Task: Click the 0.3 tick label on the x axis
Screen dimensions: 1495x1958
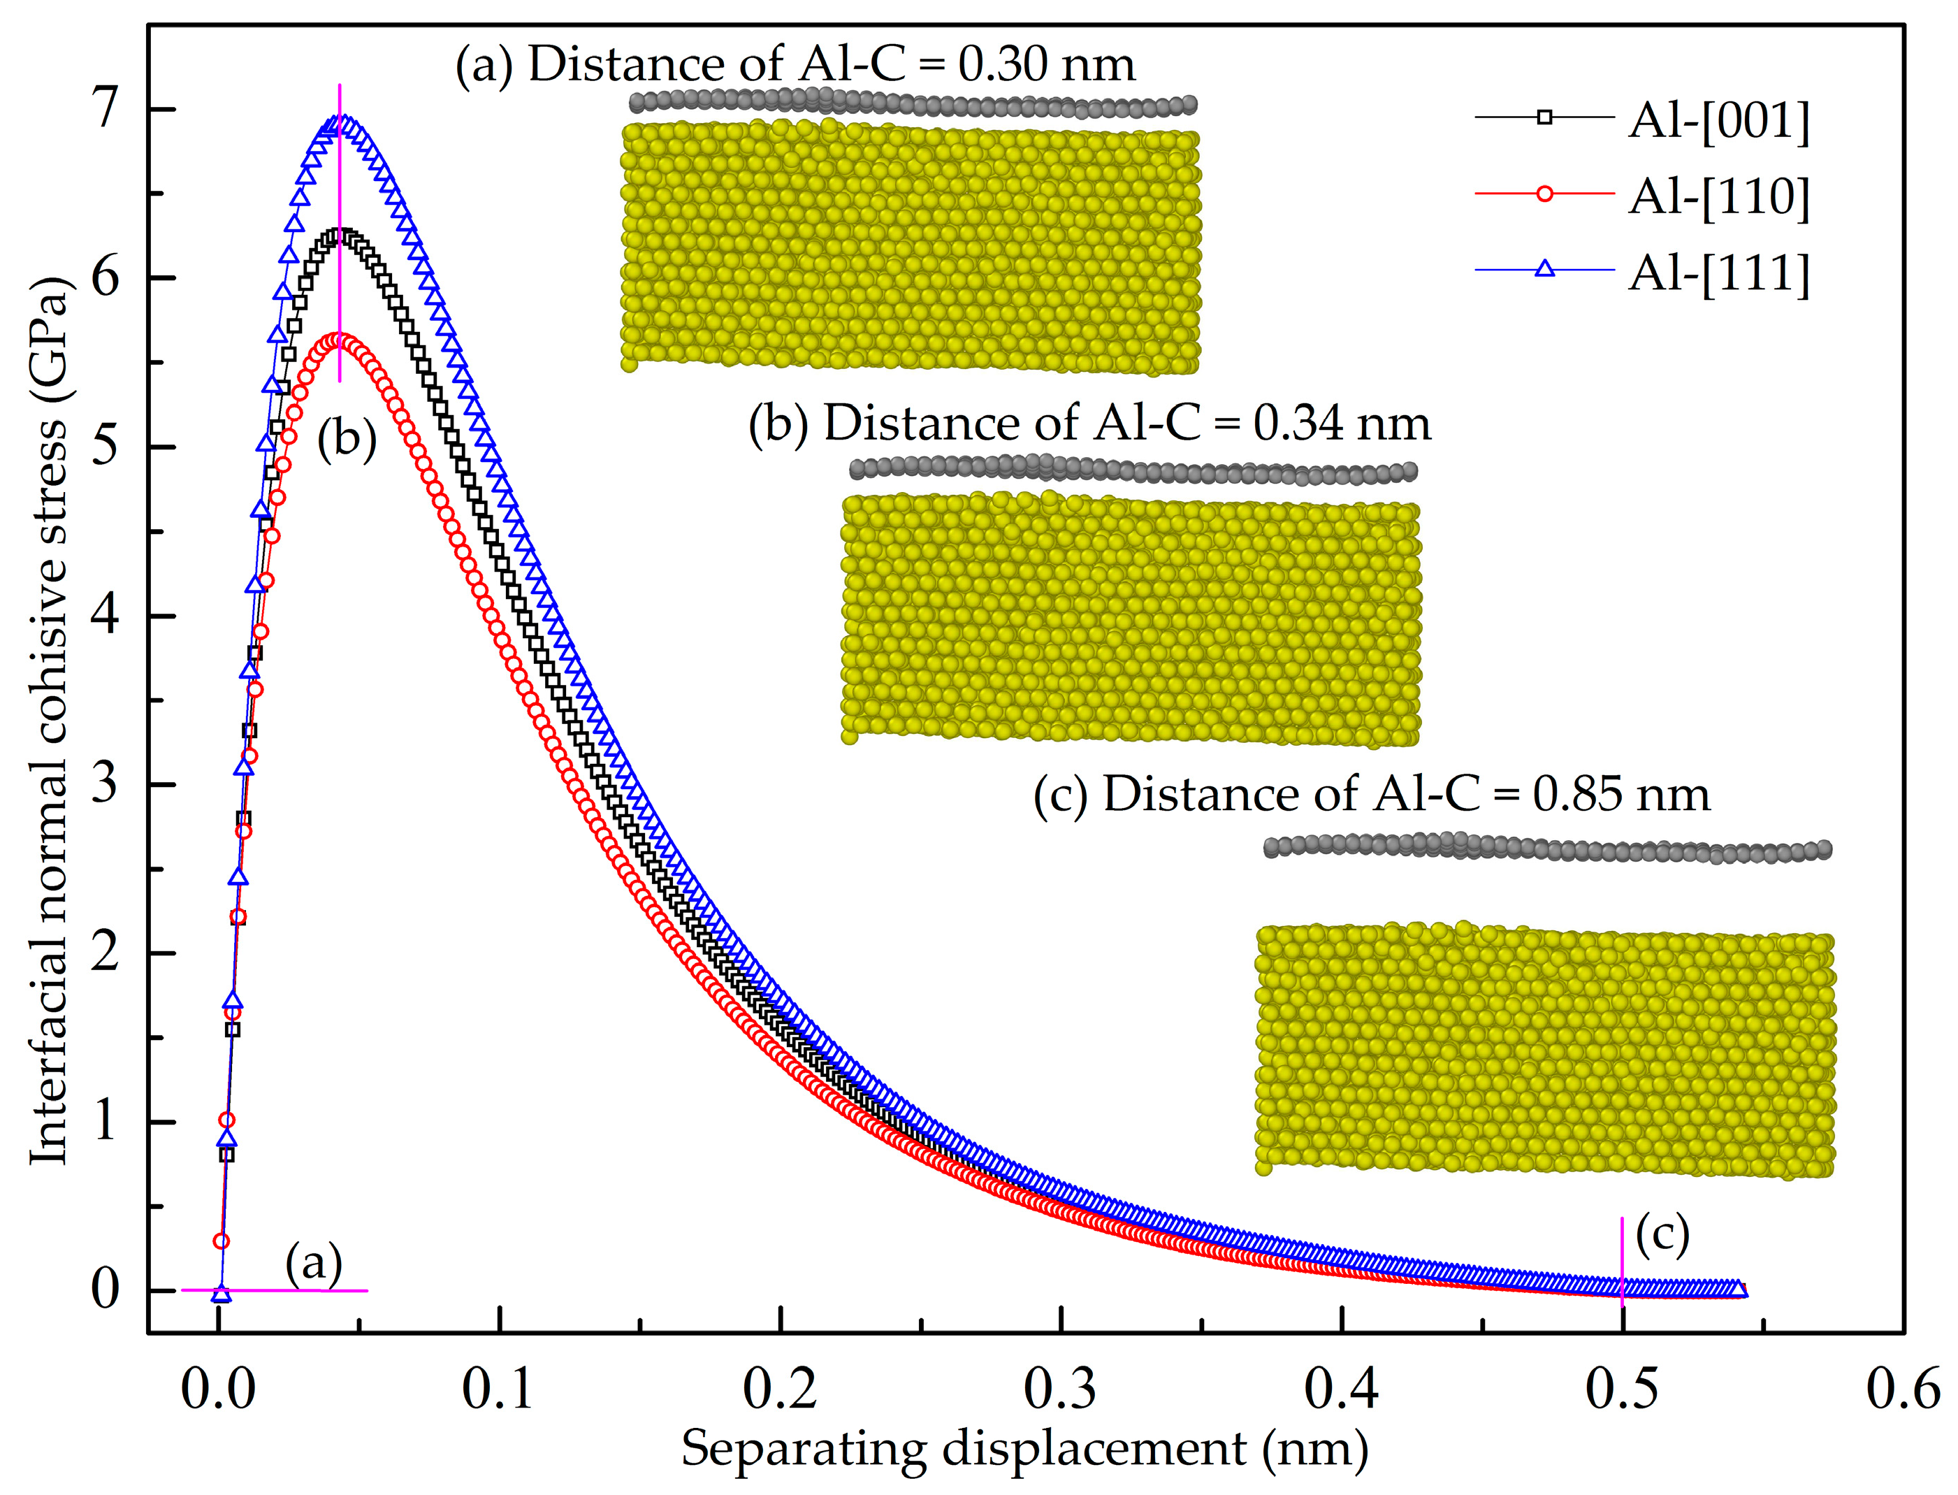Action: pyautogui.click(x=1060, y=1389)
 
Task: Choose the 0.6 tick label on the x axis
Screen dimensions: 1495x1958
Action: pyautogui.click(x=1902, y=1389)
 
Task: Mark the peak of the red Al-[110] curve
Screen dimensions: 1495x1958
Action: pyautogui.click(x=339, y=340)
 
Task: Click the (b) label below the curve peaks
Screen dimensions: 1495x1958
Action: pyautogui.click(x=347, y=440)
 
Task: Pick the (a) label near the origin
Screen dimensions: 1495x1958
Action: pyautogui.click(x=313, y=1262)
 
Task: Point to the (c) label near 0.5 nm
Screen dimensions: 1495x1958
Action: pyautogui.click(x=1662, y=1234)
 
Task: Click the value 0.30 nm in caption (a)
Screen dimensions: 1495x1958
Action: pyautogui.click(x=1046, y=65)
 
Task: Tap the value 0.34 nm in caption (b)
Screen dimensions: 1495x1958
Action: pyautogui.click(x=1342, y=423)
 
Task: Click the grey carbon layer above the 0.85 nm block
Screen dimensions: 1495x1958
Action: pyautogui.click(x=1548, y=847)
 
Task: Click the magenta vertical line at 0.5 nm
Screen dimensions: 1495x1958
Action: pyautogui.click(x=1622, y=1264)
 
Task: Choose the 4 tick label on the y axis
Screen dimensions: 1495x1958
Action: pyautogui.click(x=105, y=616)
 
